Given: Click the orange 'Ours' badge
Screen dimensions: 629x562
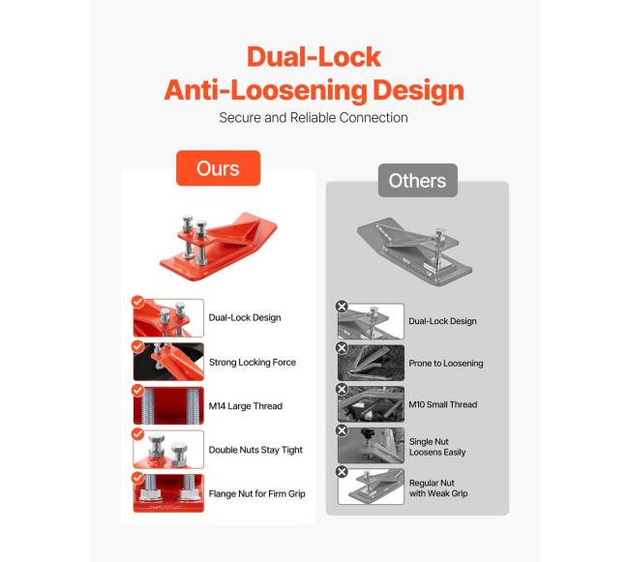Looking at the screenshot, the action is (x=219, y=168).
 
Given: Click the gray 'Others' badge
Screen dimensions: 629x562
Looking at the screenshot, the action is (x=418, y=180).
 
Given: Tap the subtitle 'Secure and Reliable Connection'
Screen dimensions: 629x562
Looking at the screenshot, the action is (x=314, y=117).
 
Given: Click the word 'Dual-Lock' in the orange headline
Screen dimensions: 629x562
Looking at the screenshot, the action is (x=314, y=56).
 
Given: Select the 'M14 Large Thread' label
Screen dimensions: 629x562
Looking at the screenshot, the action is (x=246, y=406).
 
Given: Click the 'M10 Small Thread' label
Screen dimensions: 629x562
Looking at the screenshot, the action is (x=443, y=404).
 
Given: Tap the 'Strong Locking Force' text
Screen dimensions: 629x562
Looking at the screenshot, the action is (x=253, y=363).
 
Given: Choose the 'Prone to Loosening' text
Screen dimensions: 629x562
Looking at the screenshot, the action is (x=446, y=363).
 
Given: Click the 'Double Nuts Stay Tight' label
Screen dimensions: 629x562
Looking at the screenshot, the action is (x=255, y=450).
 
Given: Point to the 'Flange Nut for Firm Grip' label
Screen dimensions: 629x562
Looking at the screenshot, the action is (x=256, y=494).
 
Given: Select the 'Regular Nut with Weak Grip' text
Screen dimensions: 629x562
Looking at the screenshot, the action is (x=438, y=488).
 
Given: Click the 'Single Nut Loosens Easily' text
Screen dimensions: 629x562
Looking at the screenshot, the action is (x=437, y=447).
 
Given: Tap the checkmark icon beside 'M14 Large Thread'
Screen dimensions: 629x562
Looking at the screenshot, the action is (x=137, y=390).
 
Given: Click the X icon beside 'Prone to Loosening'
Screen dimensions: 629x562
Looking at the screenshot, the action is (x=342, y=347).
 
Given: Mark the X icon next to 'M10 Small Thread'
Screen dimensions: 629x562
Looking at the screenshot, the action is (x=342, y=389).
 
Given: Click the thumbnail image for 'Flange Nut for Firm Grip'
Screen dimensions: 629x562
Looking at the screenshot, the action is (x=168, y=493).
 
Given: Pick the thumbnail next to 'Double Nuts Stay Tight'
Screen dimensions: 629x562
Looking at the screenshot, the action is (x=168, y=450).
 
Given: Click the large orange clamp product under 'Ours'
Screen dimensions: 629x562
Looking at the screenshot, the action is (x=218, y=247).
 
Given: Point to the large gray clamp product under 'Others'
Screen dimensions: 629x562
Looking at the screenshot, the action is (x=415, y=251).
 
